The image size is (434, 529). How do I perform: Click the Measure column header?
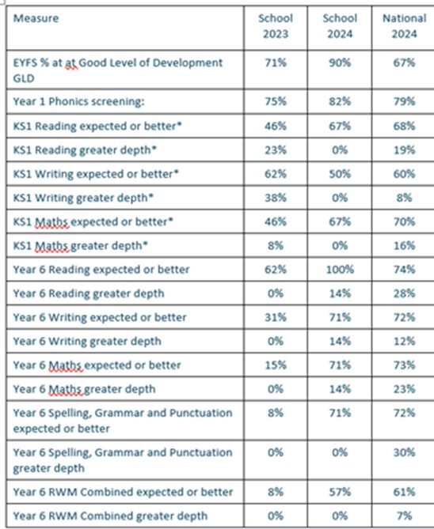pyautogui.click(x=36, y=18)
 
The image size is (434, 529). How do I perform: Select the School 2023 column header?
pyautogui.click(x=276, y=26)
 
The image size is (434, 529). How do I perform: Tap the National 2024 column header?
pyautogui.click(x=404, y=26)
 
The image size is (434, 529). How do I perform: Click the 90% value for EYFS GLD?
pyautogui.click(x=340, y=62)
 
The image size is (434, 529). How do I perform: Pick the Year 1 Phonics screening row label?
pyautogui.click(x=78, y=101)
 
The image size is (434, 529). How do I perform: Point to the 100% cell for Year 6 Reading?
pyautogui.click(x=340, y=270)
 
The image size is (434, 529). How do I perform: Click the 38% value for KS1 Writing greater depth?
pyautogui.click(x=276, y=198)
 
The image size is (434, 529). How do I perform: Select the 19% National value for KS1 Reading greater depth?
pyautogui.click(x=404, y=149)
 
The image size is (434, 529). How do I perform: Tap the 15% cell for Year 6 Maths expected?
pyautogui.click(x=276, y=365)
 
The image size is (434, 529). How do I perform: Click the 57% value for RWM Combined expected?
pyautogui.click(x=340, y=492)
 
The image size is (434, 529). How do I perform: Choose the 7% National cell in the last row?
pyautogui.click(x=404, y=516)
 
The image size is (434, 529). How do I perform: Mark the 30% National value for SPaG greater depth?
pyautogui.click(x=404, y=452)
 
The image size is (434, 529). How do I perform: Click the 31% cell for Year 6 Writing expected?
pyautogui.click(x=276, y=317)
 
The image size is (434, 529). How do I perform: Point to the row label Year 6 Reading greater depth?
pyautogui.click(x=89, y=293)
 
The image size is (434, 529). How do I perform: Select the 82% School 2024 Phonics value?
pyautogui.click(x=340, y=101)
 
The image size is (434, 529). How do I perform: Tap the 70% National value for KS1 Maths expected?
pyautogui.click(x=404, y=221)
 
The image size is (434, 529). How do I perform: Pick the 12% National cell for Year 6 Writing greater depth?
pyautogui.click(x=404, y=341)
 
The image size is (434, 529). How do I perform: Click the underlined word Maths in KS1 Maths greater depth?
pyautogui.click(x=52, y=246)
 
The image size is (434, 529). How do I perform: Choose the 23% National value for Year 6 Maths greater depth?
pyautogui.click(x=404, y=389)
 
